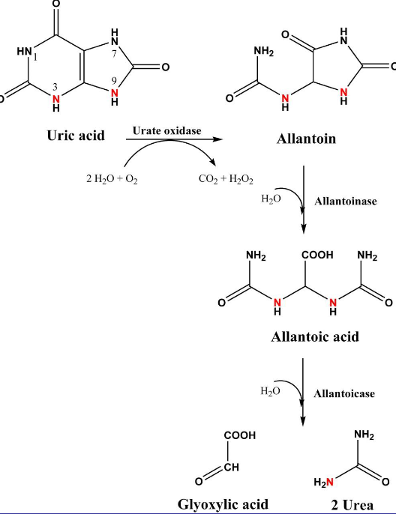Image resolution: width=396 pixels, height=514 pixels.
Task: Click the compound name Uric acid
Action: (x=75, y=136)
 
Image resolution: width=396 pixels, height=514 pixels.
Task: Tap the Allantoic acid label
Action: (x=314, y=336)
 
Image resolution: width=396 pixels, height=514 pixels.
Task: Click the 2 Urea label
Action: (x=352, y=504)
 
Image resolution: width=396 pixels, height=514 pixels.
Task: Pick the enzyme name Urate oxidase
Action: (x=167, y=130)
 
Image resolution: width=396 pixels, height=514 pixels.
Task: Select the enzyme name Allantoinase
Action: (x=346, y=202)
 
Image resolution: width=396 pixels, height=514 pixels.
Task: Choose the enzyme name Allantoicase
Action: (x=344, y=393)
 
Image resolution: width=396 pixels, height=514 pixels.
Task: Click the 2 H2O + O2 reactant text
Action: (x=112, y=180)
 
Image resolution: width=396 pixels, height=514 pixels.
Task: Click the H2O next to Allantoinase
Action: (x=271, y=199)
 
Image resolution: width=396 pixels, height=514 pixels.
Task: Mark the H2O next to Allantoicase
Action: (x=271, y=390)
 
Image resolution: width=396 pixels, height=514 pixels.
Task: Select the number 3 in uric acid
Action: (x=55, y=87)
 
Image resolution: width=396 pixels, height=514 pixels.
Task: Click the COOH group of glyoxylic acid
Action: (x=240, y=435)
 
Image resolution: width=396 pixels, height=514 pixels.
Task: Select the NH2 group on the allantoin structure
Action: (x=264, y=52)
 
